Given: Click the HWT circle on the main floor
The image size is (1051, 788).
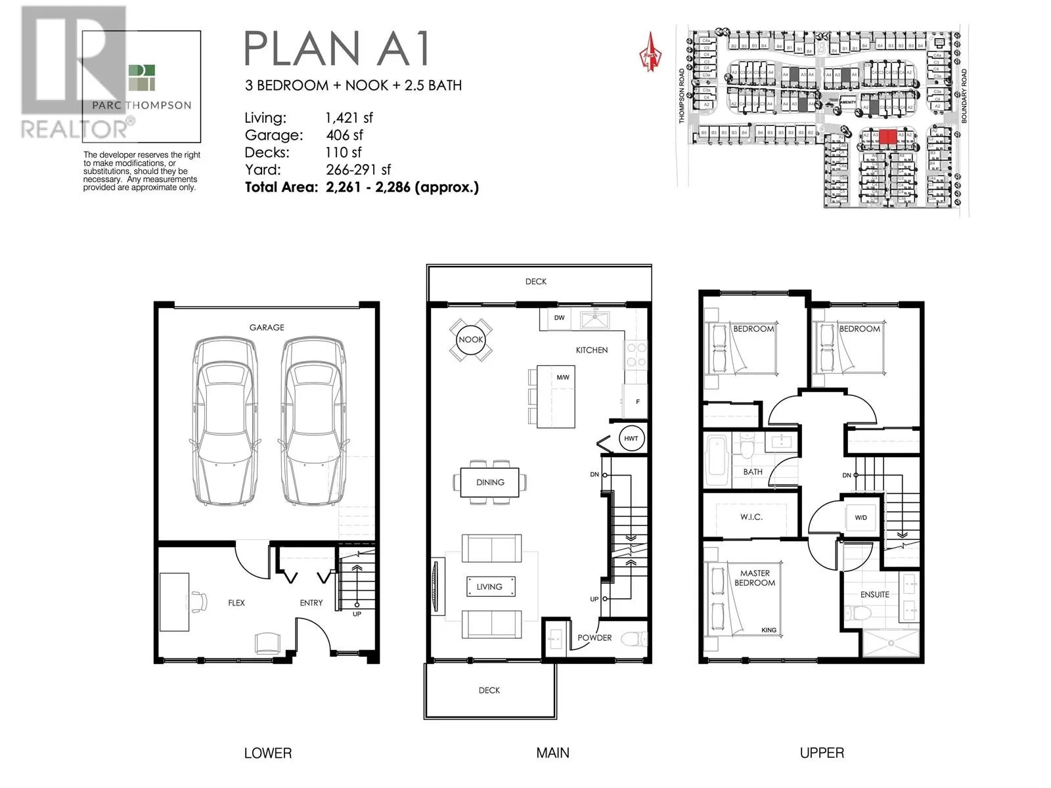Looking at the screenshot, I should coord(631,438).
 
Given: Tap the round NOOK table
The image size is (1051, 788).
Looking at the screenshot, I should coord(470,339).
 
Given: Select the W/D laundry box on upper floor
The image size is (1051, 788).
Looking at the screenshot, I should coord(861,517).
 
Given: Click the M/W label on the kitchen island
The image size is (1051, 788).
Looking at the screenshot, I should coord(562,378).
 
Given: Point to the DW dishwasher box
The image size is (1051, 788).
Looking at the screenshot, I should coord(559,318).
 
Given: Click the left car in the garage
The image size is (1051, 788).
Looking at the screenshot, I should coord(225,420).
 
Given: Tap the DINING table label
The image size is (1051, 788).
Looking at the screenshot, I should coord(490,482).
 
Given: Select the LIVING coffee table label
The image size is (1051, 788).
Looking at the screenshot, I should coord(489,586).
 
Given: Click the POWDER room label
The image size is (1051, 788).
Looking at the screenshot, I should coord(594,638).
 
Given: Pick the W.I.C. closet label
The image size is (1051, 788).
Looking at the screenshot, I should coord(751,517).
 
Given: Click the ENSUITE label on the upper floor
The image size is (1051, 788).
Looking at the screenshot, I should coord(874,594).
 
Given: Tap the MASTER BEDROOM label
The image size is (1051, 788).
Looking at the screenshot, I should coord(754,578).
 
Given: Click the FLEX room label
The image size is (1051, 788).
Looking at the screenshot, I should coord(236,602).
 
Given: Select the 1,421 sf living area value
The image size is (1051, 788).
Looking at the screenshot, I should coord(349,118).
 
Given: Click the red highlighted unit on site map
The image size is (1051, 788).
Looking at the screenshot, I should coord(887,137).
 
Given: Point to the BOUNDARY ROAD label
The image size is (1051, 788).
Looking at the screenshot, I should coord(964,96).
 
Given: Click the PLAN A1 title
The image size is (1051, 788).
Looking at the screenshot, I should coord(337,48).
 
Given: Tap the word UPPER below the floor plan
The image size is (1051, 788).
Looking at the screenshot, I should coord(821,753).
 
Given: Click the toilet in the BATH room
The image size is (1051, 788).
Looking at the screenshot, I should coord(747,447).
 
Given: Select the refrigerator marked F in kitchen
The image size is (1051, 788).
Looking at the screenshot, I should coord(636,399).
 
